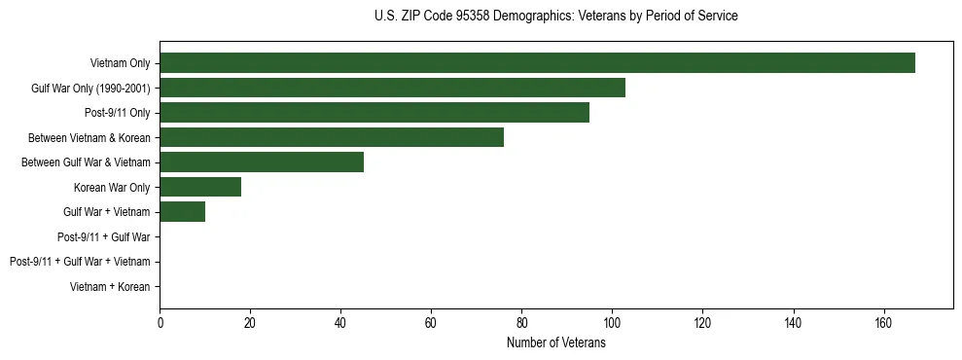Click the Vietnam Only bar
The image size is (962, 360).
pyautogui.click(x=537, y=63)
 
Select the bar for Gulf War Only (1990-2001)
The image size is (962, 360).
pyautogui.click(x=392, y=88)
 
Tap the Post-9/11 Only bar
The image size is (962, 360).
pyautogui.click(x=374, y=113)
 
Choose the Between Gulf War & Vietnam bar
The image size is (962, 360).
pyautogui.click(x=262, y=162)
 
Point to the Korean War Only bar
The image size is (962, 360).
pyautogui.click(x=200, y=187)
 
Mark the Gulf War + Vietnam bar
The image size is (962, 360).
pyautogui.click(x=182, y=212)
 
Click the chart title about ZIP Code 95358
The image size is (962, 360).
pyautogui.click(x=555, y=17)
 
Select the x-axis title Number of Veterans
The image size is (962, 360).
pyautogui.click(x=555, y=343)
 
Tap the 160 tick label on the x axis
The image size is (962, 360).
pyautogui.click(x=883, y=323)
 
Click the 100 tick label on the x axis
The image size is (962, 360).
pyautogui.click(x=612, y=323)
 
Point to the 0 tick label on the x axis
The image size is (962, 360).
pyautogui.click(x=160, y=323)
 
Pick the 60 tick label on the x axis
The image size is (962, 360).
pyautogui.click(x=431, y=323)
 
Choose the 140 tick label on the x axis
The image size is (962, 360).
pyautogui.click(x=793, y=323)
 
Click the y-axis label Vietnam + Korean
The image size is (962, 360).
pyautogui.click(x=110, y=287)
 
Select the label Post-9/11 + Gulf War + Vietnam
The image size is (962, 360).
pyautogui.click(x=80, y=262)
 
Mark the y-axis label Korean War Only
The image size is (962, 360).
pyautogui.click(x=112, y=187)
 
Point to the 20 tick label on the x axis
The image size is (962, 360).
pyautogui.click(x=250, y=323)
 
